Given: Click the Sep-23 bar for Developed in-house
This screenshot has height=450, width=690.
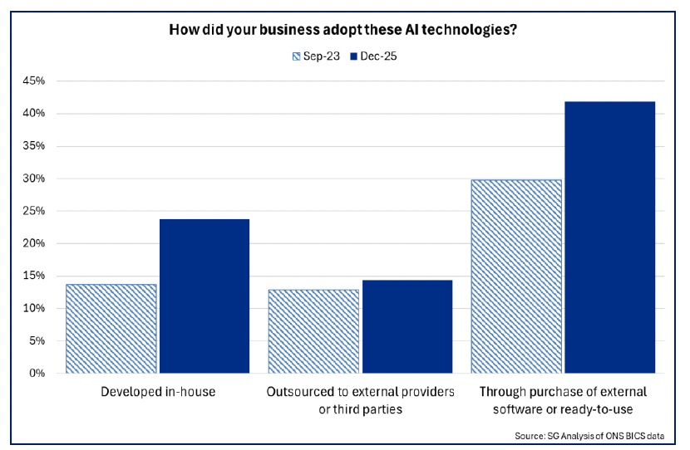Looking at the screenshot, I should pos(111,329).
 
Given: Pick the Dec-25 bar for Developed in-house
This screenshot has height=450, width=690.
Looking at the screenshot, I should pos(205,296).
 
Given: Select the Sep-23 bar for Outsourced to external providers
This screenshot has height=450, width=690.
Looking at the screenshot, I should pos(313,331).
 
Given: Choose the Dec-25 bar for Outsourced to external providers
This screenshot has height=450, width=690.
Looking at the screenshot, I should pos(407,326).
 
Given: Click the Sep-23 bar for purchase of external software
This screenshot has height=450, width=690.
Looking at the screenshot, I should pos(516,276).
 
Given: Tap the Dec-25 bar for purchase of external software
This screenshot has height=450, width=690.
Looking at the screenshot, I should pos(610,237).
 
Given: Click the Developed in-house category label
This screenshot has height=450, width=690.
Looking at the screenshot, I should pos(157,391).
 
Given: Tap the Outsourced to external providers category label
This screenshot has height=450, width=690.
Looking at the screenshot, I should pos(360,399).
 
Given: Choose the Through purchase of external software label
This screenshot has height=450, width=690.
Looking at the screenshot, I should pos(563,399).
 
